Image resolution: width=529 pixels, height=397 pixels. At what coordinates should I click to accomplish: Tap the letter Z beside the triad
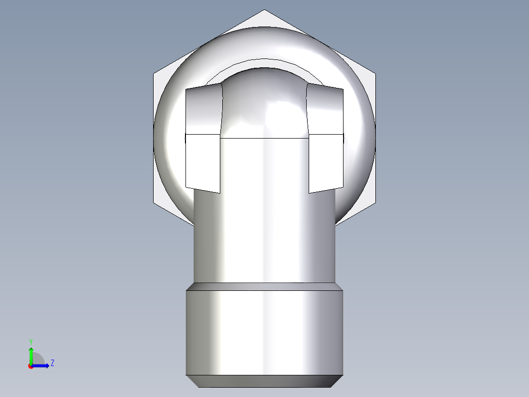[x=52, y=363]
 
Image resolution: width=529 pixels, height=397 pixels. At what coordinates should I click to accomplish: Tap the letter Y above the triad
[x=31, y=341]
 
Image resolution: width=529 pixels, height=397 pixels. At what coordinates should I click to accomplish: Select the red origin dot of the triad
[x=31, y=366]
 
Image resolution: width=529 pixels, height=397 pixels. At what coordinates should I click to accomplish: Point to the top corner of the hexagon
[x=264, y=10]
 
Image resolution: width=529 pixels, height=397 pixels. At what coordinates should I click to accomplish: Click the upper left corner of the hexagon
[x=154, y=74]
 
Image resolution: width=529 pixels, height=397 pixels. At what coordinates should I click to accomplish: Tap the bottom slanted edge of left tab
[x=202, y=190]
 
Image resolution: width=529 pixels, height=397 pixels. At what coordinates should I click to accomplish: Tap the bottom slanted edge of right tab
[x=326, y=190]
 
